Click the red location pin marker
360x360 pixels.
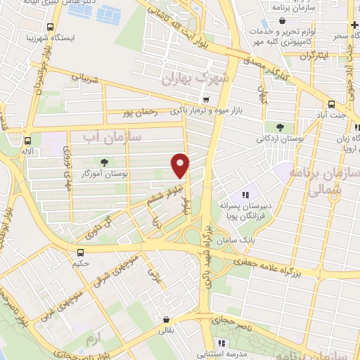(181, 165)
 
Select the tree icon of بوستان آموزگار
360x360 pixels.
(104, 162)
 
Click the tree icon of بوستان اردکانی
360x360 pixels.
(280, 127)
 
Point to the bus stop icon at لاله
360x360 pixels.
(27, 140)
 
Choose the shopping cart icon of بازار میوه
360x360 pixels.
(205, 100)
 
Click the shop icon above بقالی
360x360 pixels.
(165, 319)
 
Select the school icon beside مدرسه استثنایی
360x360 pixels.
(221, 343)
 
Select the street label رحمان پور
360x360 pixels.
(138, 112)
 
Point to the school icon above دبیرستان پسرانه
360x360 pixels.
(245, 194)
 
